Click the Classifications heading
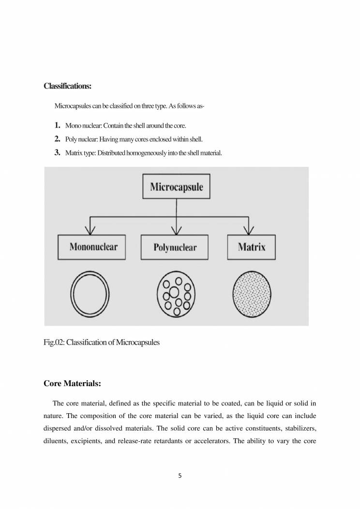coord(67,87)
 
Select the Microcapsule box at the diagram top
coord(176,186)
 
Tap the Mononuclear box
coord(93,247)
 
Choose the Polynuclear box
coord(175,247)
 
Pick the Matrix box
coord(252,247)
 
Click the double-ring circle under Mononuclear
coord(90,294)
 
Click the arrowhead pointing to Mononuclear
coord(89,230)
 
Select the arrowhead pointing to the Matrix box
coord(249,230)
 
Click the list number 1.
coord(57,125)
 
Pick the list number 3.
coord(57,153)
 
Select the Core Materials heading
coord(72,384)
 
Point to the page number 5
coord(180,476)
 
